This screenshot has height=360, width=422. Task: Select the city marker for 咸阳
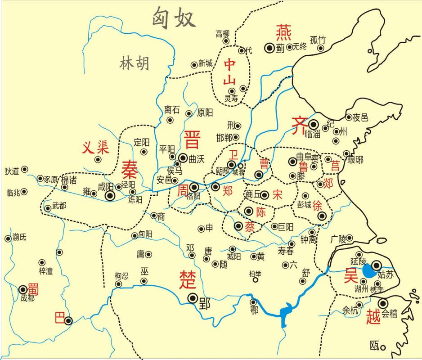click(x=110, y=196)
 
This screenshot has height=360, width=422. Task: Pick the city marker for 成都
click(x=23, y=289)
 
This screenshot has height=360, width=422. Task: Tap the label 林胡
click(x=134, y=64)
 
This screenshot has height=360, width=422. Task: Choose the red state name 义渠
click(x=95, y=148)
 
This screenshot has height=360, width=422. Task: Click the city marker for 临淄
click(x=314, y=124)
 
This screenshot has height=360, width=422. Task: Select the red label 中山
click(x=230, y=72)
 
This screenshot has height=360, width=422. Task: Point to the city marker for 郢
click(x=193, y=297)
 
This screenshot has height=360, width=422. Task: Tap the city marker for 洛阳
click(x=194, y=187)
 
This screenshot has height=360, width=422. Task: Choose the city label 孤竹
click(x=318, y=39)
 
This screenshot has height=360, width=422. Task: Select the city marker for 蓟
click(x=269, y=47)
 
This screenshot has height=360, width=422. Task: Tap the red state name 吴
click(x=351, y=275)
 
